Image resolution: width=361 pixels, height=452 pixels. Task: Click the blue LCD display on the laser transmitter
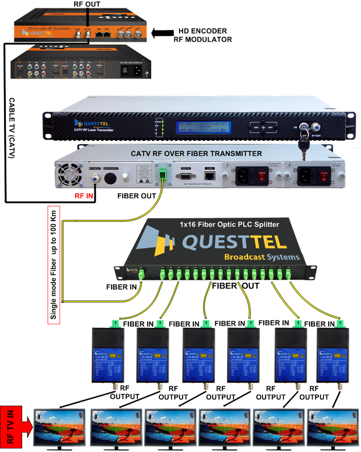pos(199,127)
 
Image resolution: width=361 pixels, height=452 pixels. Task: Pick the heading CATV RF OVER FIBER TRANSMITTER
pos(196,154)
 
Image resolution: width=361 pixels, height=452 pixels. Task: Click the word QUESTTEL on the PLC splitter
pos(235,242)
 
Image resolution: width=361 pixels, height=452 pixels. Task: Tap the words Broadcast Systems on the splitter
pos(262,257)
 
